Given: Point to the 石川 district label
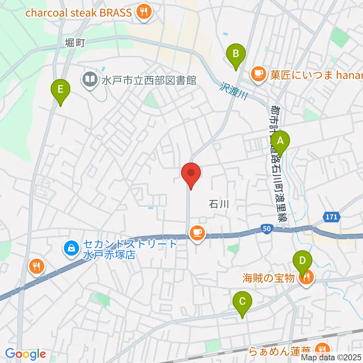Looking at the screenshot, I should (219, 205).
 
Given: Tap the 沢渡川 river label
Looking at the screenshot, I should (232, 91).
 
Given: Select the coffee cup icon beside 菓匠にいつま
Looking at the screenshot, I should (258, 73).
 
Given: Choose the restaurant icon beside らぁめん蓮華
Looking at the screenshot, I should (323, 349).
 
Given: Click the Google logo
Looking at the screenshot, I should (25, 354).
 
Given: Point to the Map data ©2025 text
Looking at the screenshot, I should (331, 357).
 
